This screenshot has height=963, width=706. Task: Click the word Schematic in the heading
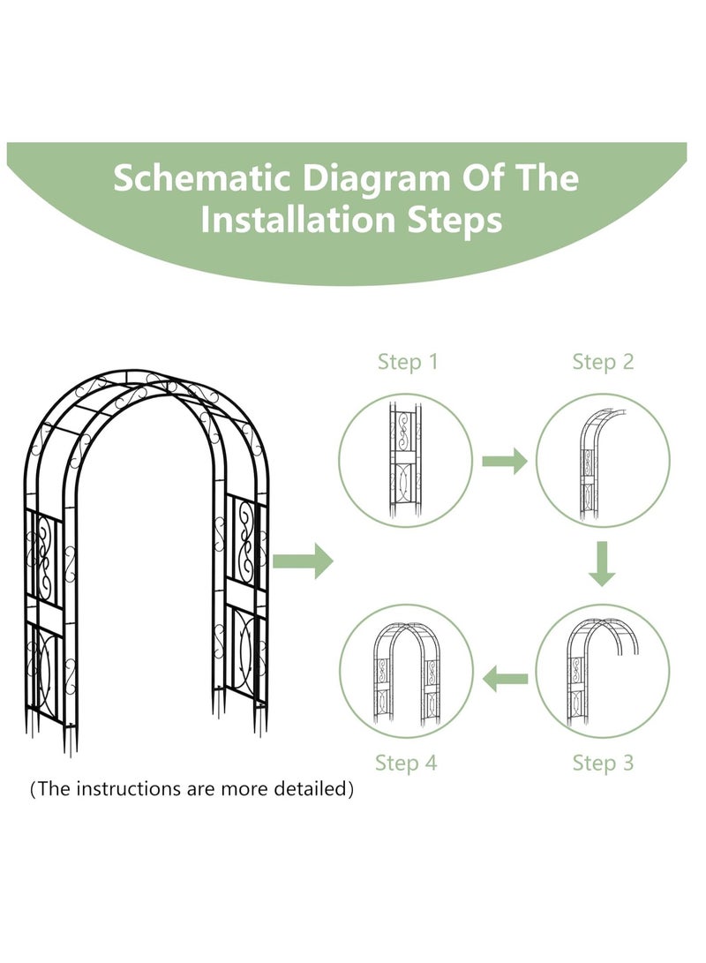201,178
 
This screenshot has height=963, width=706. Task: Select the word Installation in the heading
298,219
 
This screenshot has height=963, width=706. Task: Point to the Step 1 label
408,362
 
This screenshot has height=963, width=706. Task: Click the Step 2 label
603,362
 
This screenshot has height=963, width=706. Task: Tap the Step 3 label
603,763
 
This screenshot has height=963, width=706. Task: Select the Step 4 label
406,763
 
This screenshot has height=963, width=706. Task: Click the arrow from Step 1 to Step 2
505,461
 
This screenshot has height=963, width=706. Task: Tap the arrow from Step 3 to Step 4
505,679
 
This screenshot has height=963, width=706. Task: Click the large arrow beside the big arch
304,560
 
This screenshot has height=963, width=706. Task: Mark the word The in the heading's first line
547,178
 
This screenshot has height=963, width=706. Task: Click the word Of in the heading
483,178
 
